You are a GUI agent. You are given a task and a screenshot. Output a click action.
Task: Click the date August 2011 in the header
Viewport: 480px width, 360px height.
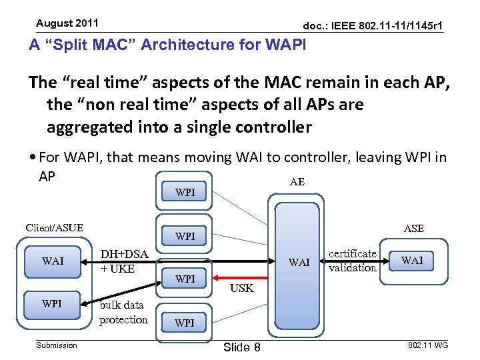pyautogui.click(x=67, y=23)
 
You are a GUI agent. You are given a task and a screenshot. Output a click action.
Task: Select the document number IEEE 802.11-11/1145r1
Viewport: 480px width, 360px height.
pyautogui.click(x=373, y=26)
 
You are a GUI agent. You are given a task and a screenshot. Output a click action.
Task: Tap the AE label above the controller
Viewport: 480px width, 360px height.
pyautogui.click(x=297, y=182)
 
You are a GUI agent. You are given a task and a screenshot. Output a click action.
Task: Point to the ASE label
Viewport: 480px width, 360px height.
pyautogui.click(x=413, y=229)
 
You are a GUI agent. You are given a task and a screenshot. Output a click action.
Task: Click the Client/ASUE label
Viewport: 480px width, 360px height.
pyautogui.click(x=55, y=228)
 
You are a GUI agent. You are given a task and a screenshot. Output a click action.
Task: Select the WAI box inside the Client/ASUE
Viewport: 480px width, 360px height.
pyautogui.click(x=53, y=261)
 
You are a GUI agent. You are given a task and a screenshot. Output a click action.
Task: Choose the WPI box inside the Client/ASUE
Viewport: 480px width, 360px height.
pyautogui.click(x=53, y=304)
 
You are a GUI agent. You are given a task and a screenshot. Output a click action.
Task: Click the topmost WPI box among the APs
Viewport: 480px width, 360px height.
pyautogui.click(x=185, y=193)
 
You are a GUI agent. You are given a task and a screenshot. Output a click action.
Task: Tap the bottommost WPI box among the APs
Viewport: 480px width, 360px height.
pyautogui.click(x=185, y=323)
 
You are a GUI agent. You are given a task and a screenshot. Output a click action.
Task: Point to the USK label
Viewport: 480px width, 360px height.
pyautogui.click(x=242, y=289)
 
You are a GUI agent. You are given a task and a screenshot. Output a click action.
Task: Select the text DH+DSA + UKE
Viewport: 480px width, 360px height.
pyautogui.click(x=123, y=261)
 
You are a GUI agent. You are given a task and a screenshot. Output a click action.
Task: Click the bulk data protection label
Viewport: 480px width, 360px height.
pyautogui.click(x=123, y=313)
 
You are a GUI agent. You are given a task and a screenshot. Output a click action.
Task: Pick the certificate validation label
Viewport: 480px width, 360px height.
pyautogui.click(x=353, y=261)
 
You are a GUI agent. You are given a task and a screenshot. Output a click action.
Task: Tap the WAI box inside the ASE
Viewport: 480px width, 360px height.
pyautogui.click(x=412, y=260)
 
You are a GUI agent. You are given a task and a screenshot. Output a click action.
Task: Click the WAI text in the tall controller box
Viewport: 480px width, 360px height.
pyautogui.click(x=299, y=262)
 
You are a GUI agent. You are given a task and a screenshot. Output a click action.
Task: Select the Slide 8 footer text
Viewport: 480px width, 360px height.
pyautogui.click(x=241, y=347)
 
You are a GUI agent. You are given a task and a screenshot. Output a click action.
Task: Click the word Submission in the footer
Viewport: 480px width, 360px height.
pyautogui.click(x=57, y=345)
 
